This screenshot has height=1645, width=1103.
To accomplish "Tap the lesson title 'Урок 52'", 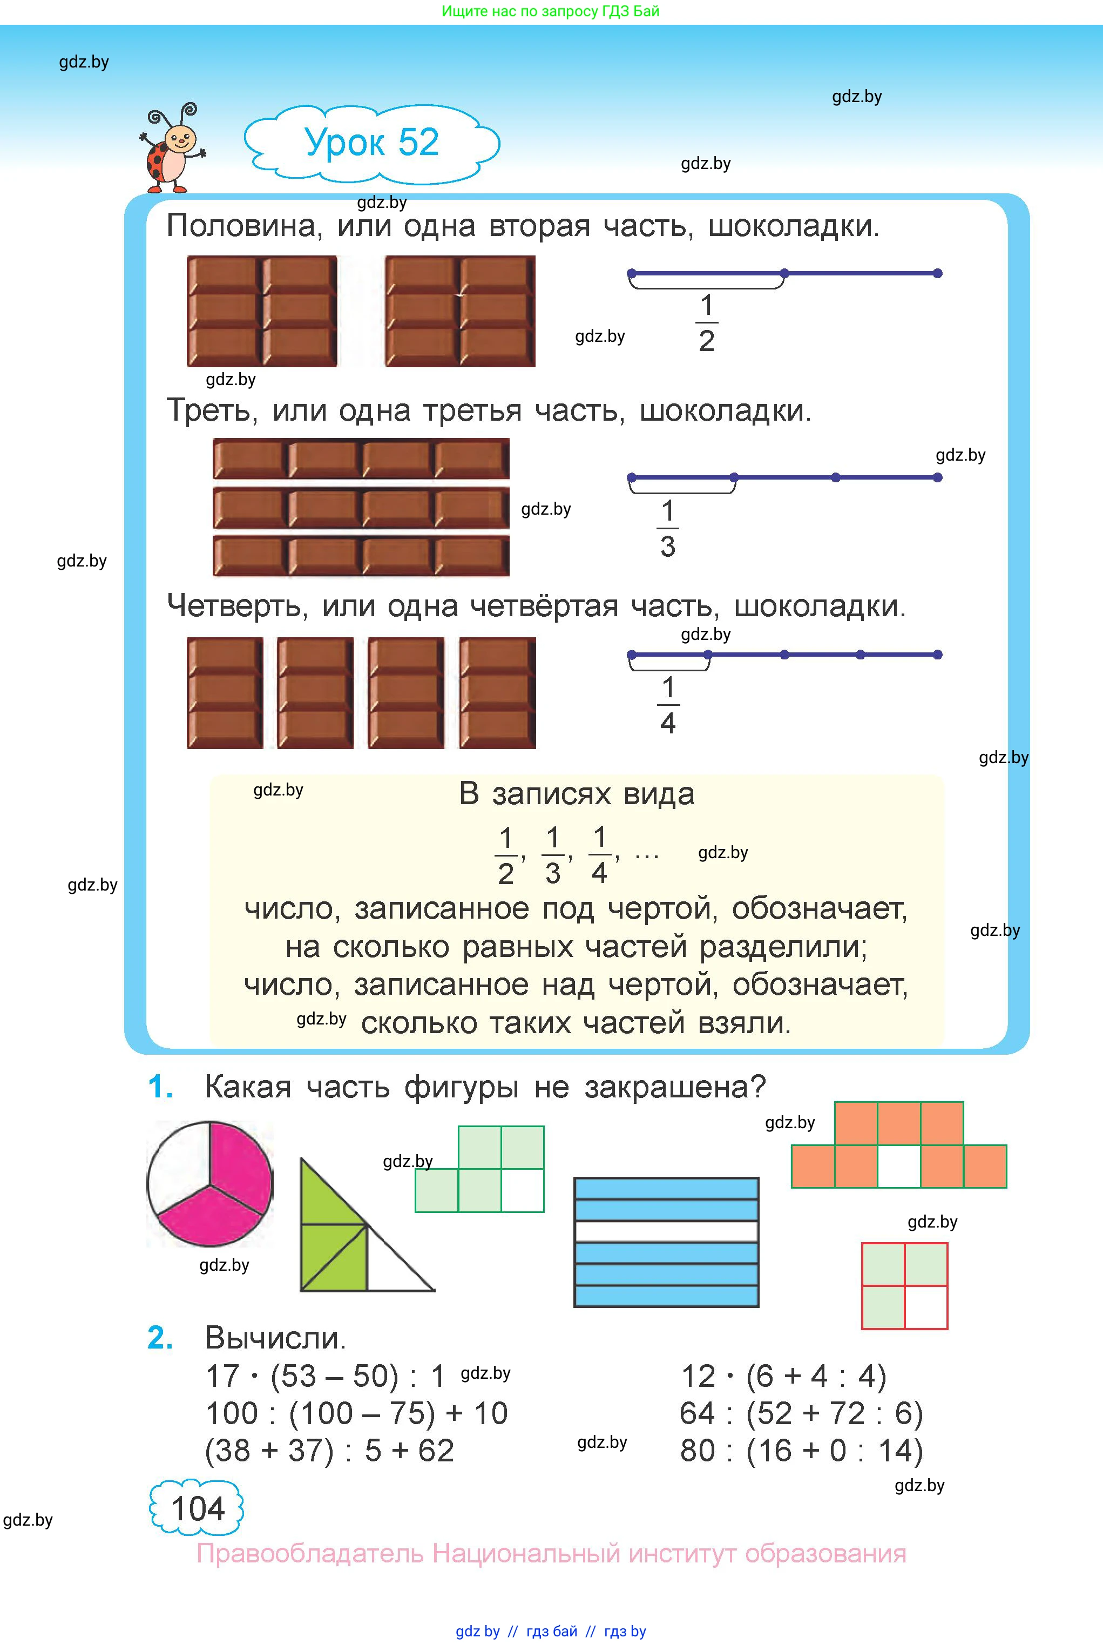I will pos(371,143).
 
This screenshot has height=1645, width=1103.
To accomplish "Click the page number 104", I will pos(197,1508).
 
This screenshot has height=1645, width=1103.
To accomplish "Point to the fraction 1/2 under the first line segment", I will pos(706,323).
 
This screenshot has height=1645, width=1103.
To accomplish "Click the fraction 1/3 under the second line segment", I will pos(667,529).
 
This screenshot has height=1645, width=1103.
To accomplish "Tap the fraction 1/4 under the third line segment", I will pos(667,706).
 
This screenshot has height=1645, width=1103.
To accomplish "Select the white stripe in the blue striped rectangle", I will pos(666,1231).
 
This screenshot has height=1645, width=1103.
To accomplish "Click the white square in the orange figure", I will pos(899,1166).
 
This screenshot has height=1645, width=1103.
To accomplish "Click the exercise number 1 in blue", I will pos(160,1087).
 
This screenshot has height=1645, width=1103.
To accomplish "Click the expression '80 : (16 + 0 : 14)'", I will pos(801,1451).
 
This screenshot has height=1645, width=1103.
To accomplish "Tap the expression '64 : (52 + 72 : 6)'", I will pos(801,1413).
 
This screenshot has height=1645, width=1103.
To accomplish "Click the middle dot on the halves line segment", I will pos(784,273).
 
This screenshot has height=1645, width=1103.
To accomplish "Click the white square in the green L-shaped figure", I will pos(522,1190).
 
